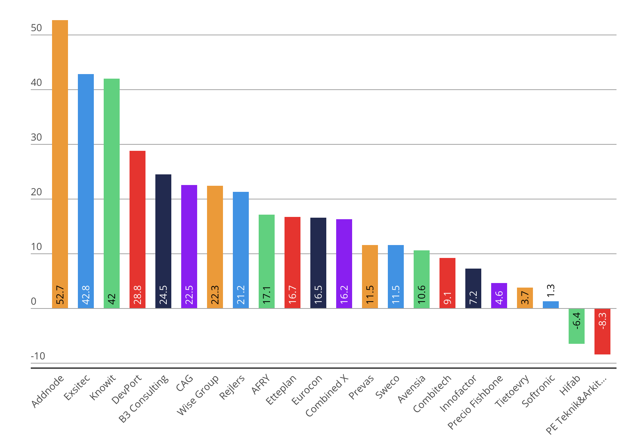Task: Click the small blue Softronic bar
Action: click(551, 305)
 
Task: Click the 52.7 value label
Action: click(60, 295)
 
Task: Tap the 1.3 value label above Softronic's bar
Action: click(551, 291)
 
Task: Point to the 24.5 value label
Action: click(163, 295)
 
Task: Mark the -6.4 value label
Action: click(577, 320)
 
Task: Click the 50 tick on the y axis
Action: click(36, 28)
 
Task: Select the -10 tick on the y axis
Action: click(38, 356)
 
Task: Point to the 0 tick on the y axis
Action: click(34, 302)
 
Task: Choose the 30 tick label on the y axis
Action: click(36, 138)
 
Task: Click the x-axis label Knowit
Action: click(103, 387)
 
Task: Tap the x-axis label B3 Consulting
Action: click(144, 398)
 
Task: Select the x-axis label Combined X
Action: click(327, 395)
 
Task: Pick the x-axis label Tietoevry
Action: click(512, 391)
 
